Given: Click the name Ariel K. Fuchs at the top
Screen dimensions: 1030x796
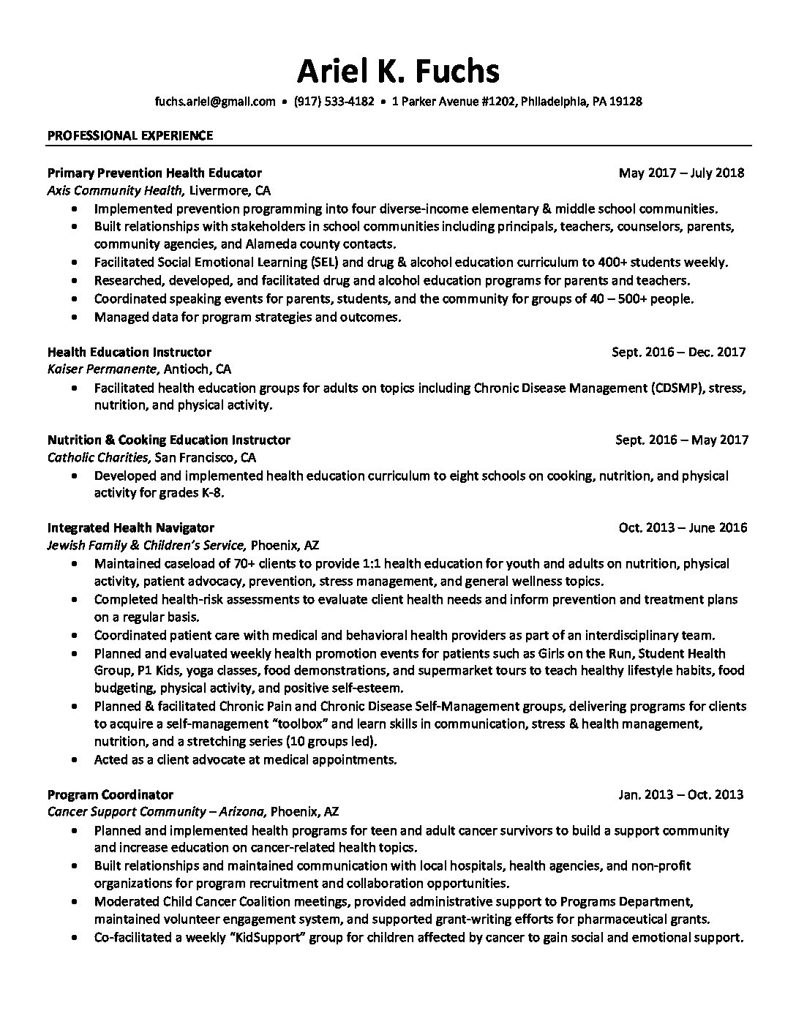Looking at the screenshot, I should [398, 71].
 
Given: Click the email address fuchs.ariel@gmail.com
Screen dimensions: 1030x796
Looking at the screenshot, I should [214, 101].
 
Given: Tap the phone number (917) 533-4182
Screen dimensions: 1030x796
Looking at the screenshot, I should [334, 101].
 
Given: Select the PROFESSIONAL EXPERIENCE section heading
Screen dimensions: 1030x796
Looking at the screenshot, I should [130, 135].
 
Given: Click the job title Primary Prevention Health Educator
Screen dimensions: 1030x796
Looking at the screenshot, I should [154, 173].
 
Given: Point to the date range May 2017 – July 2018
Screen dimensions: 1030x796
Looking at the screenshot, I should [681, 173].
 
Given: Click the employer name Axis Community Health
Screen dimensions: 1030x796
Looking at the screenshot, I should [115, 191].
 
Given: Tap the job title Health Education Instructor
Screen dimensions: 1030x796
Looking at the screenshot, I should [129, 352].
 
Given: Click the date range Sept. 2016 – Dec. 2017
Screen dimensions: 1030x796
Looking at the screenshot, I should [678, 352].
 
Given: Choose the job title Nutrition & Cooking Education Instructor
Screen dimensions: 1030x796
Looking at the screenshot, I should [169, 440].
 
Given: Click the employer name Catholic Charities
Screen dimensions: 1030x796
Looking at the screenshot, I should [99, 458].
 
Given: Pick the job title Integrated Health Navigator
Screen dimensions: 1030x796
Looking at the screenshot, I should [131, 527].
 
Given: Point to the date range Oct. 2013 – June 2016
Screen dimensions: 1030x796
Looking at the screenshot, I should [683, 527].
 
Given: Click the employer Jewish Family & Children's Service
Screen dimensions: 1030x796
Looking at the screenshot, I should [146, 546].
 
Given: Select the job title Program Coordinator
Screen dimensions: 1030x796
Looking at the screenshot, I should [110, 794].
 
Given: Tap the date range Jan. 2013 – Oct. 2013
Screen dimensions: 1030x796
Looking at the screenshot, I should [680, 794].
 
